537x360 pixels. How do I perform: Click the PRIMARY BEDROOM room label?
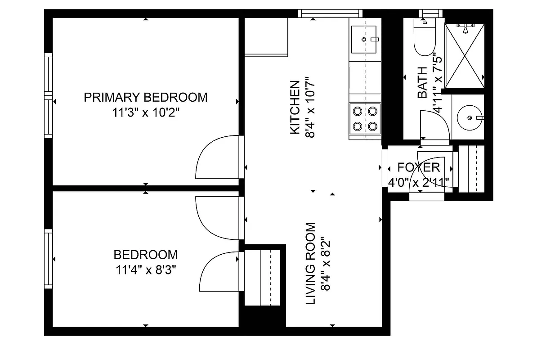[x=146, y=97]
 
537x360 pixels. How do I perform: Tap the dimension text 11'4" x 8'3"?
[x=146, y=270]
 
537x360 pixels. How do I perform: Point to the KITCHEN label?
[x=295, y=107]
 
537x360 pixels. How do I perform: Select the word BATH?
[x=422, y=83]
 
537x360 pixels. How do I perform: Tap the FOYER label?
[x=418, y=167]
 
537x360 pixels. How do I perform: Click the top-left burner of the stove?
[x=358, y=110]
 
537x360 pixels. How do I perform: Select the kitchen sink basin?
[x=363, y=39]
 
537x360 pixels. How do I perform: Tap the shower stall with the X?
[x=465, y=56]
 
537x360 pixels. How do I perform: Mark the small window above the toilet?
[x=431, y=13]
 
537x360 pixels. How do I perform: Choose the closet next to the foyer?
[x=471, y=169]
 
